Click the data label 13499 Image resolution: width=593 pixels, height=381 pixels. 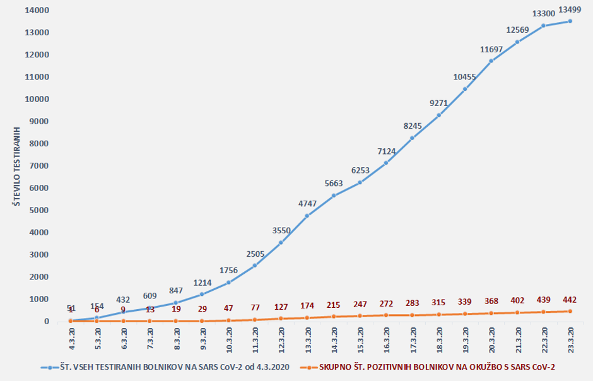(x=570, y=9)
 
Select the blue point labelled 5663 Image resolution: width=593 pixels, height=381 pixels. (x=333, y=196)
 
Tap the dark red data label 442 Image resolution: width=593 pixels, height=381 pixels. (x=570, y=300)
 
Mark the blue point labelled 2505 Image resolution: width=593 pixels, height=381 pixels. (x=255, y=266)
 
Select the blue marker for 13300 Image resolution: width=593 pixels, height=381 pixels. (x=544, y=26)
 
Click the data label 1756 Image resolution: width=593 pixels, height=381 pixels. (x=228, y=270)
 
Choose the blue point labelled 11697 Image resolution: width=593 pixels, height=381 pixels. (x=491, y=61)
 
